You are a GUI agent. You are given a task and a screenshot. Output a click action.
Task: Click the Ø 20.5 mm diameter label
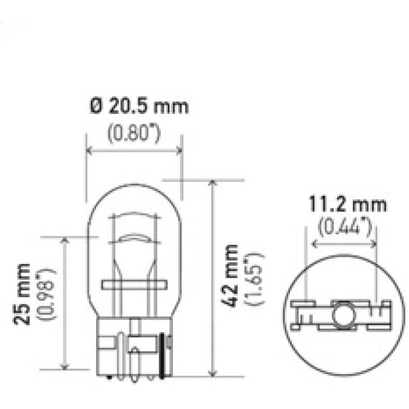point(139,108)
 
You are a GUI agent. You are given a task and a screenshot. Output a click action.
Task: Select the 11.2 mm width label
point(348,204)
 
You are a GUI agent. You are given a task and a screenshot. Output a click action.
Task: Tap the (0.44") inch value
point(344,227)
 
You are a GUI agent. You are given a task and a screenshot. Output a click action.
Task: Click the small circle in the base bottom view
point(342,313)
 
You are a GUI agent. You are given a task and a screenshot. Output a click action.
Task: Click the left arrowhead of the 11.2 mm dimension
point(314,244)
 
